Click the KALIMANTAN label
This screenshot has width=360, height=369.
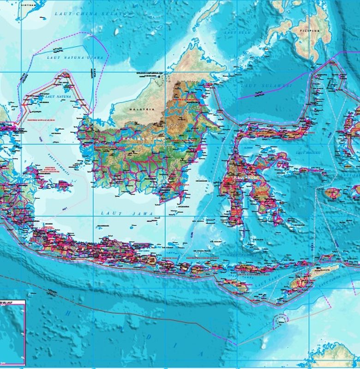pos(141,137)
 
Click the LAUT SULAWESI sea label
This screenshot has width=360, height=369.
pos(266,86)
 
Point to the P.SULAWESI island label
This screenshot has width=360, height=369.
pos(244,176)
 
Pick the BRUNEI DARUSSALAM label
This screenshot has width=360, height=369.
pos(152,73)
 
